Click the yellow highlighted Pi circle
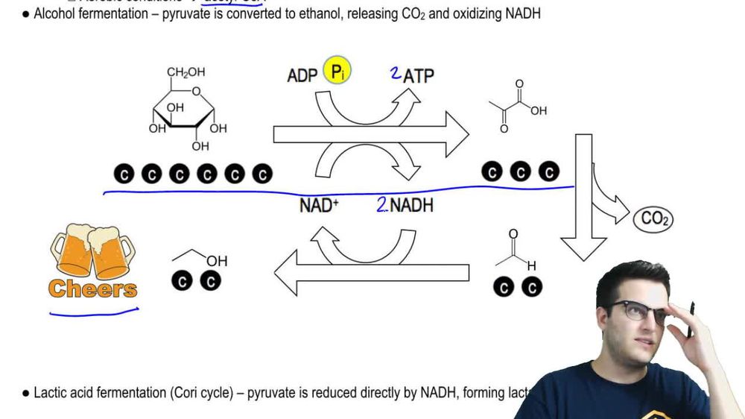(337, 72)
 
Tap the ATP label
(419, 75)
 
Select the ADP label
(302, 75)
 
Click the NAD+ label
(319, 206)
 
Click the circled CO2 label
(653, 219)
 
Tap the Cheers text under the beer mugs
(93, 289)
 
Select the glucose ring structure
(186, 112)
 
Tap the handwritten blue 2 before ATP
(396, 73)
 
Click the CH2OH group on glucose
(186, 72)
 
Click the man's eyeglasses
(641, 312)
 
